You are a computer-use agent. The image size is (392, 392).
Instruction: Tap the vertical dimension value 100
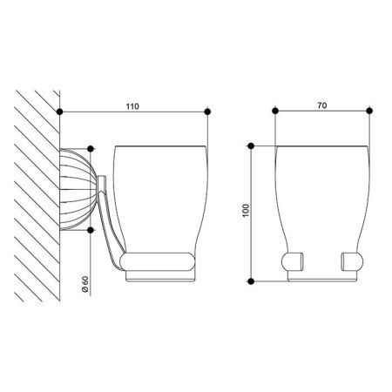[x=243, y=213]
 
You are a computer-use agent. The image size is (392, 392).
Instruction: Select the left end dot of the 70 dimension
[x=274, y=112]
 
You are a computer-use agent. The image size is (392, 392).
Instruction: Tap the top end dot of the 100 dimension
[x=251, y=145]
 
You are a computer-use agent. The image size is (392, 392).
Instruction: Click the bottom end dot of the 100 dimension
[x=251, y=280]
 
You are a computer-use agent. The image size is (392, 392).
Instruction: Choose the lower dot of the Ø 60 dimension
[x=91, y=229]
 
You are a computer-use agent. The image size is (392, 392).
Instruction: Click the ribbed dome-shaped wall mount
[x=71, y=189]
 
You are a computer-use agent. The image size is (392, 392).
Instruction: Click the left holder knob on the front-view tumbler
[x=292, y=261]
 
